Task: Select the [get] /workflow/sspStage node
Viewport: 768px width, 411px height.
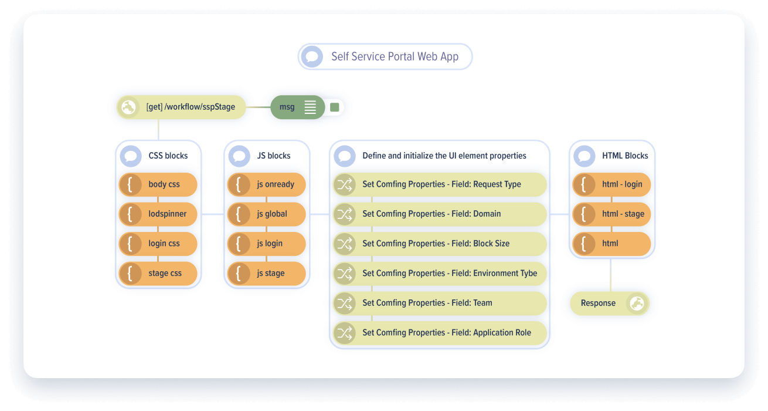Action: pyautogui.click(x=181, y=107)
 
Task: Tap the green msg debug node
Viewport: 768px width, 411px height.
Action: pyautogui.click(x=297, y=107)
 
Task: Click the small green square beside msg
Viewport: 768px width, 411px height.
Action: pyautogui.click(x=335, y=107)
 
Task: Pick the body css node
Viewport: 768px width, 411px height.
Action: pyautogui.click(x=158, y=184)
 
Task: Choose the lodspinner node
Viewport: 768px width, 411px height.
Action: pyautogui.click(x=158, y=214)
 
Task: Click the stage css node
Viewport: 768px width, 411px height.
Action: pyautogui.click(x=158, y=273)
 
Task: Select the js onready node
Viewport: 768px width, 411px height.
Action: pyautogui.click(x=267, y=184)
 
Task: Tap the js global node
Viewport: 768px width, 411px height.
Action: pyautogui.click(x=267, y=214)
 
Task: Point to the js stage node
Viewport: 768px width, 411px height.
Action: pyautogui.click(x=267, y=273)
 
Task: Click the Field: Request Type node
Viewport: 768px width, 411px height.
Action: pyautogui.click(x=440, y=184)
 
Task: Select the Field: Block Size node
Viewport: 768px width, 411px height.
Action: pyautogui.click(x=440, y=244)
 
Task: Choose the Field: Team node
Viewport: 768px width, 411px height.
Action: pyautogui.click(x=440, y=303)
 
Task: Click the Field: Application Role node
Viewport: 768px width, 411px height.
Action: pyautogui.click(x=440, y=332)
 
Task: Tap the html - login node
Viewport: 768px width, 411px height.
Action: pyautogui.click(x=611, y=184)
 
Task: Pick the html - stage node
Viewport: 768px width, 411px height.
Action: pyautogui.click(x=611, y=214)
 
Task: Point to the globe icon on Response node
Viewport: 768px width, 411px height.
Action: pyautogui.click(x=637, y=303)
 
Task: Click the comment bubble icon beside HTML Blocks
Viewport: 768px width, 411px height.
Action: pyautogui.click(x=585, y=156)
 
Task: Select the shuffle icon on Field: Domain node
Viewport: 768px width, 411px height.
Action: pyautogui.click(x=344, y=214)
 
